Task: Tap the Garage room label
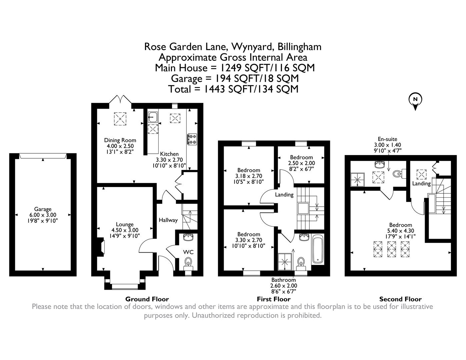click(x=43, y=209)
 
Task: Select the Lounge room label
click(x=125, y=224)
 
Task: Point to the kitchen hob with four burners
click(x=192, y=140)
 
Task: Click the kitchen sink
click(x=153, y=117)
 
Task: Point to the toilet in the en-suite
click(x=398, y=174)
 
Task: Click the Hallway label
click(x=168, y=220)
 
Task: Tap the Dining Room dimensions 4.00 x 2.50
click(x=120, y=146)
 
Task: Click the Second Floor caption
click(x=400, y=299)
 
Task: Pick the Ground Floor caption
click(x=147, y=299)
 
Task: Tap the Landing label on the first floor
click(x=284, y=195)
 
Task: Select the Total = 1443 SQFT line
click(x=233, y=89)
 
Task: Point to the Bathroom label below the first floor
click(x=283, y=280)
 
